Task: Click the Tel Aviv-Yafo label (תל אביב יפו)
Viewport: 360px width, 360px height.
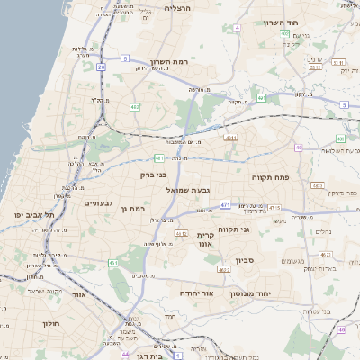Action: point(36,215)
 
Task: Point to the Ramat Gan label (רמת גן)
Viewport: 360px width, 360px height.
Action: point(131,209)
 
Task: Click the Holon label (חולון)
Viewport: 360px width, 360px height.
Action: point(51,322)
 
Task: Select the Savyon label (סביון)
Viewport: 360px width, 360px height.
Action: point(246,261)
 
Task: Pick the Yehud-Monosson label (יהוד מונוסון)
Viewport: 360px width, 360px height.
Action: point(269,294)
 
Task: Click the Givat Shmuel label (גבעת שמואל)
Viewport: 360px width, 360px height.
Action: point(188,190)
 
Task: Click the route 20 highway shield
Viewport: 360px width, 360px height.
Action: point(102,67)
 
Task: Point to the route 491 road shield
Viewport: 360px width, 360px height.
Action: point(261,97)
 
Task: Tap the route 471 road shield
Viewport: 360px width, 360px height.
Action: point(225,205)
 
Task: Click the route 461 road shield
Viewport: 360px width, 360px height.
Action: point(113,263)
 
